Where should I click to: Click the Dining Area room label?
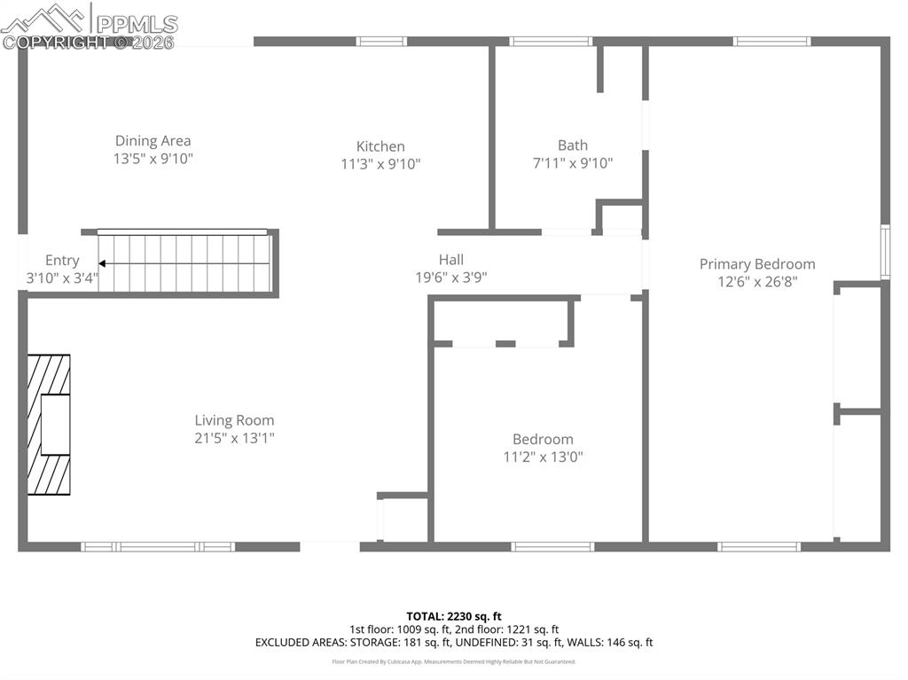point(153,141)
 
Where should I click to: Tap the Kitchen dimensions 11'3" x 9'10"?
point(380,164)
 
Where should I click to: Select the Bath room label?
point(572,145)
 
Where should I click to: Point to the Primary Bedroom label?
point(756,264)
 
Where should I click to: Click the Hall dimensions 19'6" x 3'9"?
point(451,277)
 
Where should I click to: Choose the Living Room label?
point(234,420)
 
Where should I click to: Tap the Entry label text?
point(62,261)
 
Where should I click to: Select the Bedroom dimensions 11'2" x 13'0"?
point(543,457)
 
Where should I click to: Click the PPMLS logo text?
point(136,24)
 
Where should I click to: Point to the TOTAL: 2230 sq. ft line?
point(454,616)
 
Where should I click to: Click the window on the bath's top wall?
point(550,41)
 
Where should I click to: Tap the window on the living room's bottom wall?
point(158,547)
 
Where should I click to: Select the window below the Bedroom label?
point(552,547)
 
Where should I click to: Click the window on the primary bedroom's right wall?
point(884,253)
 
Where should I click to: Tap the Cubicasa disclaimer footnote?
point(454,661)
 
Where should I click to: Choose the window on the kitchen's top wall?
point(381,41)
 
